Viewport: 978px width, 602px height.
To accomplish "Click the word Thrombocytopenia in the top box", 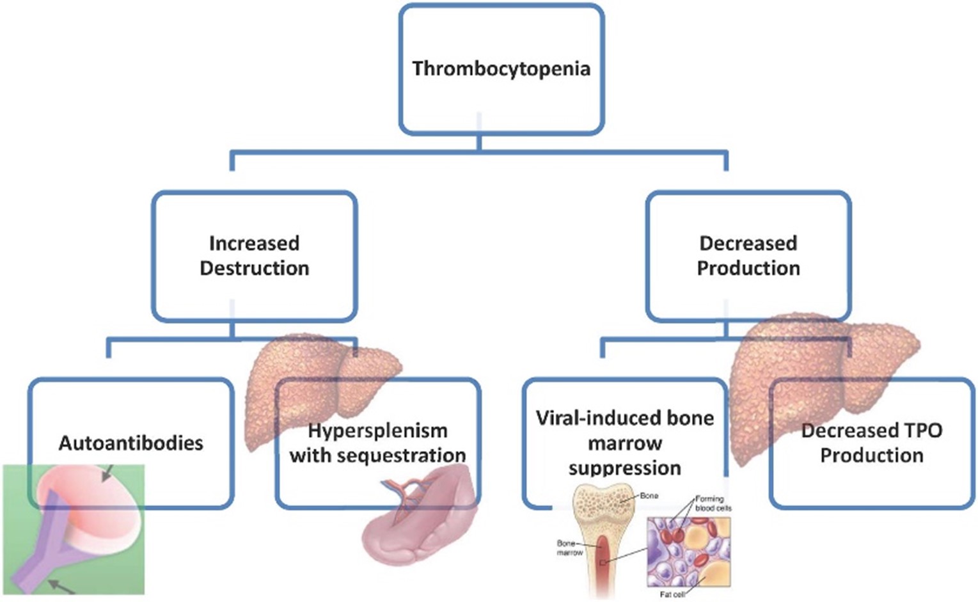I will [x=501, y=68].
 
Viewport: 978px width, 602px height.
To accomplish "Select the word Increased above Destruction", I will [x=254, y=243].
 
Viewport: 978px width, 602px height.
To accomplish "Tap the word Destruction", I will [x=254, y=268].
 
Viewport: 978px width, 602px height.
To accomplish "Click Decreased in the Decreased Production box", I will [x=748, y=243].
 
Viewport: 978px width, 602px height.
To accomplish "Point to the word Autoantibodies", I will [x=130, y=443].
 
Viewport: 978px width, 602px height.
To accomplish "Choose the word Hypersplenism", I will [x=377, y=431].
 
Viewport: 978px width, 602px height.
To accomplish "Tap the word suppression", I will [x=624, y=468].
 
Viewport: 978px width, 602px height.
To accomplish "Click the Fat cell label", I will [x=672, y=594].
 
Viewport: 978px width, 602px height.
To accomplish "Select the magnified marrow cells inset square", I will [x=688, y=551].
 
